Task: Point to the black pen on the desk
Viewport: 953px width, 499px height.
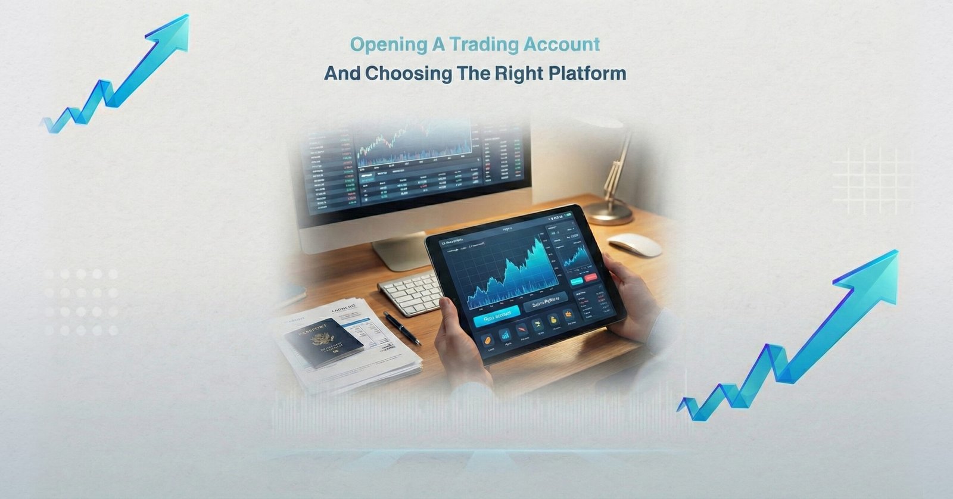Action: pos(401,328)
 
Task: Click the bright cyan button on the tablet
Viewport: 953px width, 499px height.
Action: pos(496,319)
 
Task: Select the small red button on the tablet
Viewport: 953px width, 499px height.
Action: pos(591,277)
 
